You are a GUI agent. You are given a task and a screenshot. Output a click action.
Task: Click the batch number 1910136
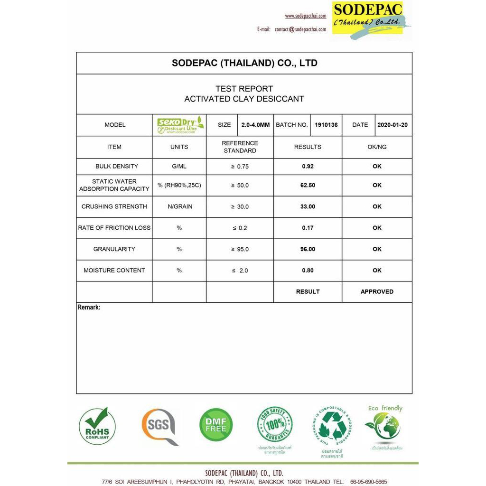point(326,125)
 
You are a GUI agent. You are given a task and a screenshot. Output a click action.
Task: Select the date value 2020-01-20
point(393,125)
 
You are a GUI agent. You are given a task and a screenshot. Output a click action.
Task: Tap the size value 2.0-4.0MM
point(255,125)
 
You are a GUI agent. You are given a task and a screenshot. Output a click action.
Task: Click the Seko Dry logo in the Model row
point(180,125)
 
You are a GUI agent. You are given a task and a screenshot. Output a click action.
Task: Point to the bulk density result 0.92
point(308,167)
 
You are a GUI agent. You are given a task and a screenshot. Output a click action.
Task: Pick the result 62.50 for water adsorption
point(308,185)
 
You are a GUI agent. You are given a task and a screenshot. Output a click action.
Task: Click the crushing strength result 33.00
point(308,206)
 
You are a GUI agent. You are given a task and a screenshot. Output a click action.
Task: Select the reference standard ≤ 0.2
point(240,228)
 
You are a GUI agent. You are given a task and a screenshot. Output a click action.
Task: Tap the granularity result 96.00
point(308,249)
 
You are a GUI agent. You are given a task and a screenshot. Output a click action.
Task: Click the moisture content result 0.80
point(308,271)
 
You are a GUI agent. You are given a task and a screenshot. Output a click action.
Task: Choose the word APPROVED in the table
point(377,291)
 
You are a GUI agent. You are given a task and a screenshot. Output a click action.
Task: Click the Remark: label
point(89,308)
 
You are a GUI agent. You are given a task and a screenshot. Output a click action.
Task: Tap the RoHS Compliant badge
point(97,426)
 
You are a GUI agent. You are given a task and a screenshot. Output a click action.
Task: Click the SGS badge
point(159,426)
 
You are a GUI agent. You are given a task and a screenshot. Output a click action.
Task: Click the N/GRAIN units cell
point(179,206)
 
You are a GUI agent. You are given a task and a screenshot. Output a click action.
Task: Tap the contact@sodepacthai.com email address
point(300,29)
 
